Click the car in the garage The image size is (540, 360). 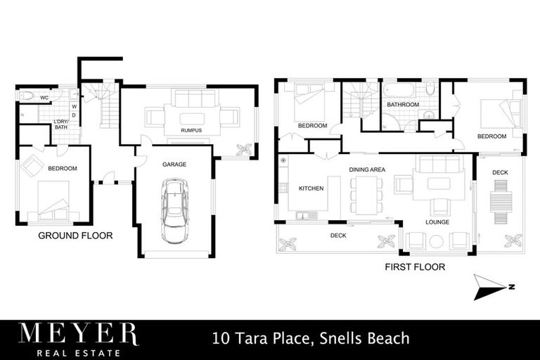(x=174, y=210)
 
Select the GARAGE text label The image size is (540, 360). (x=174, y=164)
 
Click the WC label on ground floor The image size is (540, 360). (x=44, y=97)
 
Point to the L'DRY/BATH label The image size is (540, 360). (x=61, y=124)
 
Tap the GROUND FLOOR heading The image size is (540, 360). (x=75, y=236)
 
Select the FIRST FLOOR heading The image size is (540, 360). (x=414, y=267)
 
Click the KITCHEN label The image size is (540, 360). (x=310, y=188)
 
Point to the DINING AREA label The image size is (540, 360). (x=366, y=169)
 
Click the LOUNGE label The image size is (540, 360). (x=437, y=222)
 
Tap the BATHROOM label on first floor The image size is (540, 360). (x=403, y=105)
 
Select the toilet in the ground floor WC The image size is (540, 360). (x=26, y=95)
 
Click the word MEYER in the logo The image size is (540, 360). (x=78, y=333)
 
